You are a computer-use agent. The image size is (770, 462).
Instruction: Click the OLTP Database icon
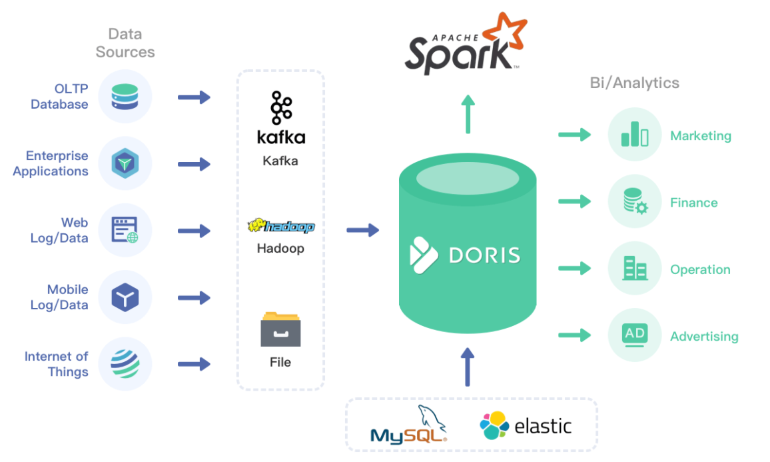click(125, 96)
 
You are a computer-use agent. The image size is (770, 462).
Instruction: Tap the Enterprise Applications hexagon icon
click(125, 163)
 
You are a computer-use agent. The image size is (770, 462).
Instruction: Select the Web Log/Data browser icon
click(125, 229)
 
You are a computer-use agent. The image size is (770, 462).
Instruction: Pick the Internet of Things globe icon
click(125, 364)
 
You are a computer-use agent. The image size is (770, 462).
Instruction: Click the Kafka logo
click(281, 118)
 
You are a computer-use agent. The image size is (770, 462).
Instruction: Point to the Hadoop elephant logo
click(281, 225)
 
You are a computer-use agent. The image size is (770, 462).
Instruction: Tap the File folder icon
click(280, 329)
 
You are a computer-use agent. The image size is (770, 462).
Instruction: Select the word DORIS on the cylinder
click(484, 255)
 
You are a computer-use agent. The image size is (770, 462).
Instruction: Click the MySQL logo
click(408, 425)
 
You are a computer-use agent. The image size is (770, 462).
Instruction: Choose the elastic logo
click(526, 425)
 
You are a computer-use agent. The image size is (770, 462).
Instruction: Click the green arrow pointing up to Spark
click(468, 114)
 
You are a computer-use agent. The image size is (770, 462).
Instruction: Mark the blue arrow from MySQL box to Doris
click(468, 367)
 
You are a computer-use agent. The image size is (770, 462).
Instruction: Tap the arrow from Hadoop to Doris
click(363, 229)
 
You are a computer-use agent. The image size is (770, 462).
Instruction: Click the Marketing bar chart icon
click(635, 134)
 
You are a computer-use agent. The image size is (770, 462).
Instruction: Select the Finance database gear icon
click(635, 201)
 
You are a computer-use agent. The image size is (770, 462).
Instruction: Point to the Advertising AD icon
click(635, 335)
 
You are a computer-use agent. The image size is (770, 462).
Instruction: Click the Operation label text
click(700, 269)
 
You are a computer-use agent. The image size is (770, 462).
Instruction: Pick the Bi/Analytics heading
click(635, 83)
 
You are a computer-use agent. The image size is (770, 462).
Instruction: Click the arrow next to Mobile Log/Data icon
click(194, 297)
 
